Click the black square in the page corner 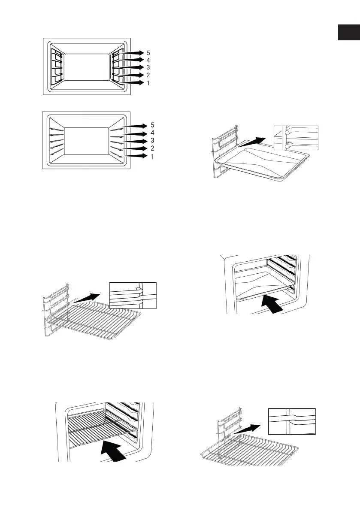point(348,32)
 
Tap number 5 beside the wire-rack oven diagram point(148,53)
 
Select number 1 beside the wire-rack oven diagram point(148,83)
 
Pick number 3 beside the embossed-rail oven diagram point(152,141)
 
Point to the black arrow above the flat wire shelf point(90,296)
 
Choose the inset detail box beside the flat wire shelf point(133,296)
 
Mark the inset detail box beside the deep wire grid point(291,422)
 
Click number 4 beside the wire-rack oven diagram point(148,60)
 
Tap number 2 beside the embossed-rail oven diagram point(152,148)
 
